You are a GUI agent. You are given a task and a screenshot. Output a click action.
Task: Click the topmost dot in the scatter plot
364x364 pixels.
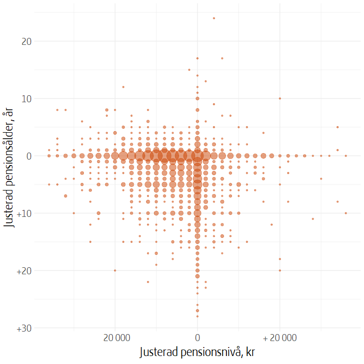tap(214, 18)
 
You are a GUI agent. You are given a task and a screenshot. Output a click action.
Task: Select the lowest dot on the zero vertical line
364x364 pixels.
tap(197, 316)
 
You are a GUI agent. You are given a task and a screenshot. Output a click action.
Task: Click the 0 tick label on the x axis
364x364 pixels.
tap(197, 338)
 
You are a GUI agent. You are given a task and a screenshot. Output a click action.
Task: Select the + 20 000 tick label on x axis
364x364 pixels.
tap(280, 338)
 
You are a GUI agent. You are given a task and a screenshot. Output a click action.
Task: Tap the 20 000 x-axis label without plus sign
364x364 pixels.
tap(115, 338)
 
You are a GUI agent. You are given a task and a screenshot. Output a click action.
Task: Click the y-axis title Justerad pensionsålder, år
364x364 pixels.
tap(9, 170)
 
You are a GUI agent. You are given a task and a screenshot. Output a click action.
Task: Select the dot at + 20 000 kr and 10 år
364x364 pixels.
tap(280, 99)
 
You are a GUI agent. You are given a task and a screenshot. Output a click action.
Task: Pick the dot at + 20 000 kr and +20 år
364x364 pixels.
tap(280, 271)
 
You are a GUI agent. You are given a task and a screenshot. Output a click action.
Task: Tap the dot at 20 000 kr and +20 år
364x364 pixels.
tap(115, 271)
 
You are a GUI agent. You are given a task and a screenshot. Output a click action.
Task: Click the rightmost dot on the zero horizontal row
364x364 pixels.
tap(346, 156)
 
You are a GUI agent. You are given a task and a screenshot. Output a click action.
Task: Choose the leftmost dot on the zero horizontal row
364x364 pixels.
tap(49, 156)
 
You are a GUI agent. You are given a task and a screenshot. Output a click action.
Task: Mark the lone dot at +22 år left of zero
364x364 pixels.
tap(148, 282)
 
